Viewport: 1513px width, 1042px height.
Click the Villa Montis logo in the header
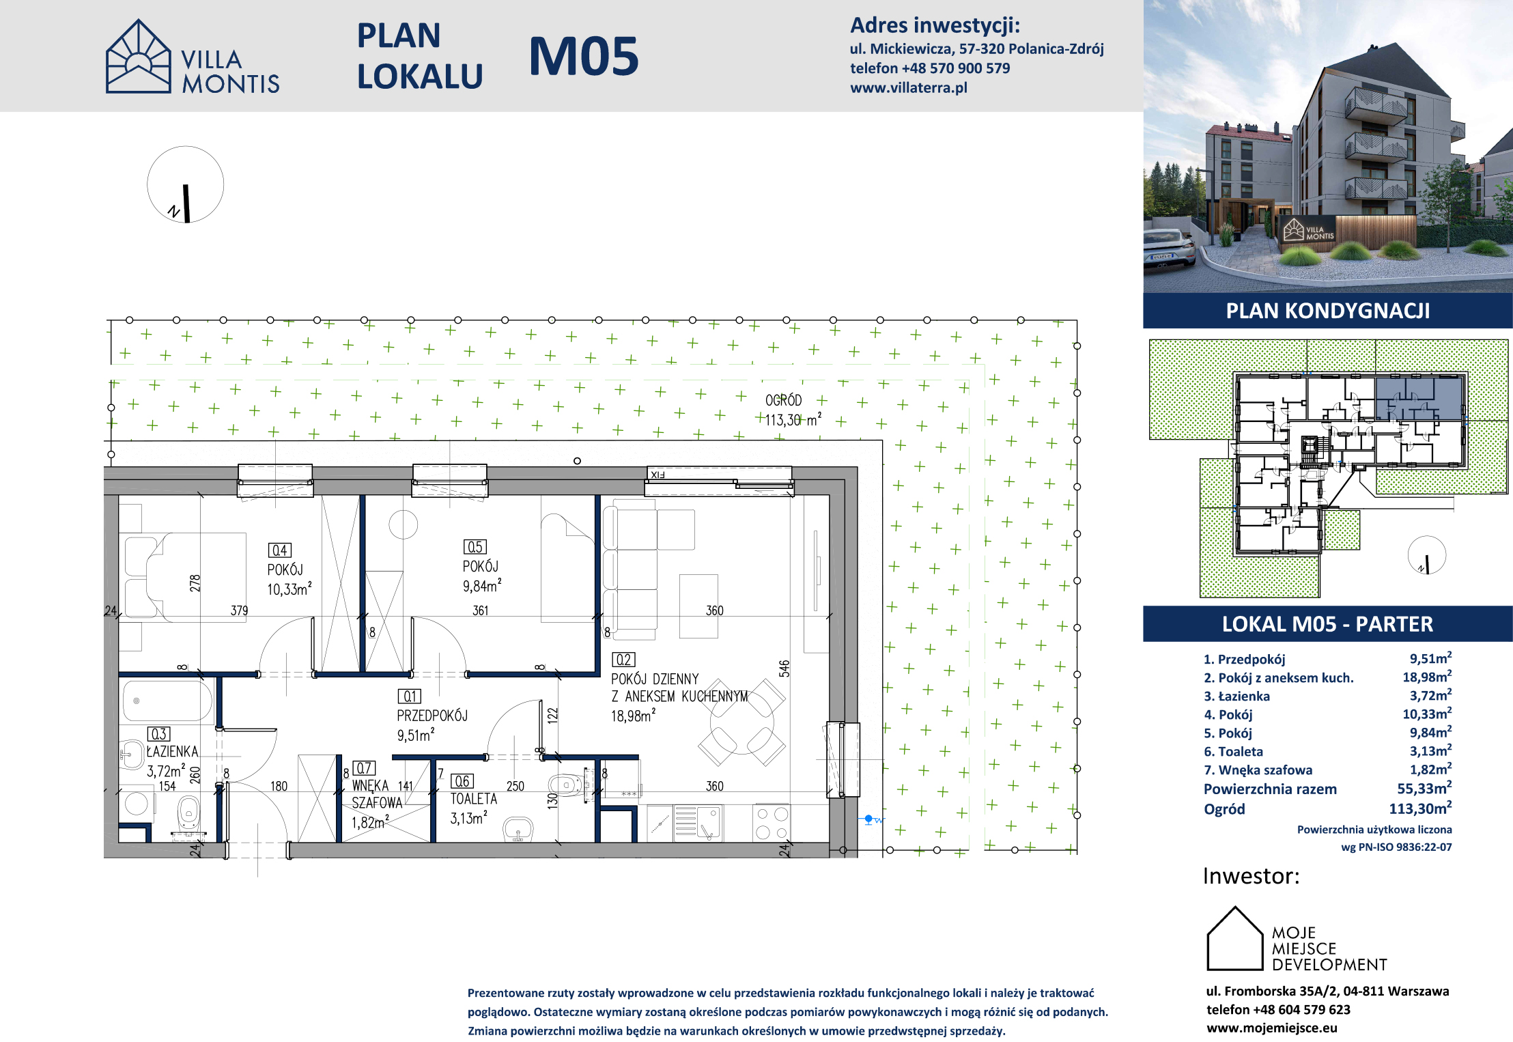click(193, 57)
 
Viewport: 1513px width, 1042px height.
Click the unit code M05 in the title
click(584, 56)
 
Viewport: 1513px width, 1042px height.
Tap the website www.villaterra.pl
click(908, 87)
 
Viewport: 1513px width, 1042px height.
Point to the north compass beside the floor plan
click(186, 184)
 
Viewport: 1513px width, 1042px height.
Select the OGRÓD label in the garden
click(783, 400)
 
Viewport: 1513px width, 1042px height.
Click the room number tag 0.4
click(280, 550)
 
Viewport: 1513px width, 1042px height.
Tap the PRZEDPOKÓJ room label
click(432, 716)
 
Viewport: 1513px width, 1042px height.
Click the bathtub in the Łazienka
click(167, 701)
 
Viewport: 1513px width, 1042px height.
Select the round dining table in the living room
click(742, 722)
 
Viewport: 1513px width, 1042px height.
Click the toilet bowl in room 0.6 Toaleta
click(566, 785)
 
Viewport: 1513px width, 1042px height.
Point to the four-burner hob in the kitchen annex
click(772, 823)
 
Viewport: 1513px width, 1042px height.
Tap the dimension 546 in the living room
click(784, 668)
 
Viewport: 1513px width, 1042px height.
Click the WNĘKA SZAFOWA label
click(378, 794)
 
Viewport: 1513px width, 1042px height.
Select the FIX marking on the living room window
click(657, 475)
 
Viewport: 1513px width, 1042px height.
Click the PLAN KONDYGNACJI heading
click(1327, 311)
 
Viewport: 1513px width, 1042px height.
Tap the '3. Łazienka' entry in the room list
click(1236, 696)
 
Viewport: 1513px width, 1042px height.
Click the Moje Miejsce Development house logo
click(1235, 938)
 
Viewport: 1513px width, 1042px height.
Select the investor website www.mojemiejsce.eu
click(1271, 1028)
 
